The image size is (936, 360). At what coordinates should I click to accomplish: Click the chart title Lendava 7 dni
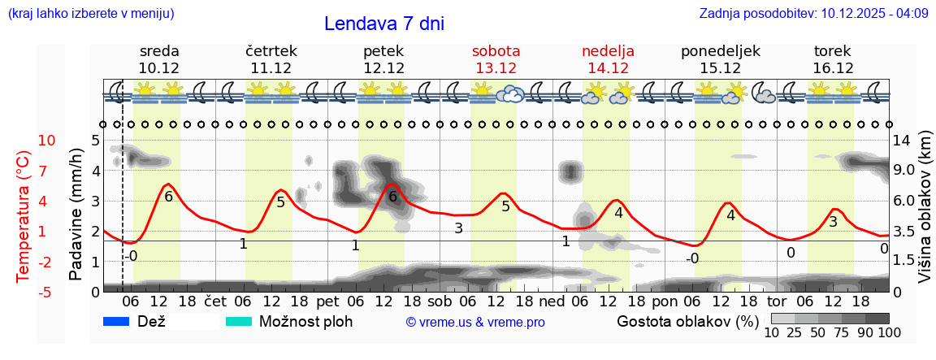tap(383, 24)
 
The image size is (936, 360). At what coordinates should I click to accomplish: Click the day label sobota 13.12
tap(496, 59)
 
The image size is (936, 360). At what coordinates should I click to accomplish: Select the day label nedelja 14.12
tap(608, 59)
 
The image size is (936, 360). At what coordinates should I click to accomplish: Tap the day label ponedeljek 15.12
tap(720, 59)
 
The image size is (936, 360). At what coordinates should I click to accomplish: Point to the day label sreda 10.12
tap(159, 59)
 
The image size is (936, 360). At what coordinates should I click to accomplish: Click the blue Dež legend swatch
tap(117, 322)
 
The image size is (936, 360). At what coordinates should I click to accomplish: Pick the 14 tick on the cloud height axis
tap(902, 141)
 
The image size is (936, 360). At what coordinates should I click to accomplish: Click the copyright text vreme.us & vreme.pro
tap(475, 323)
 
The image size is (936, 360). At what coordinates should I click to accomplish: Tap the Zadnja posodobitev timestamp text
tap(813, 13)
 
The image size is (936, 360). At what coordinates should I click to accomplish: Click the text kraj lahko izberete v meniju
tap(90, 13)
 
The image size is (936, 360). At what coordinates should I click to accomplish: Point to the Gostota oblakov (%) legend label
tap(687, 322)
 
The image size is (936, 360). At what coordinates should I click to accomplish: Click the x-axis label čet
tap(215, 301)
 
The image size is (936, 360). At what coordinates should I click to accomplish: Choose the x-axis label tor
tap(777, 301)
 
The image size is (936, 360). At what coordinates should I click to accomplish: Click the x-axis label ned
tap(552, 301)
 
